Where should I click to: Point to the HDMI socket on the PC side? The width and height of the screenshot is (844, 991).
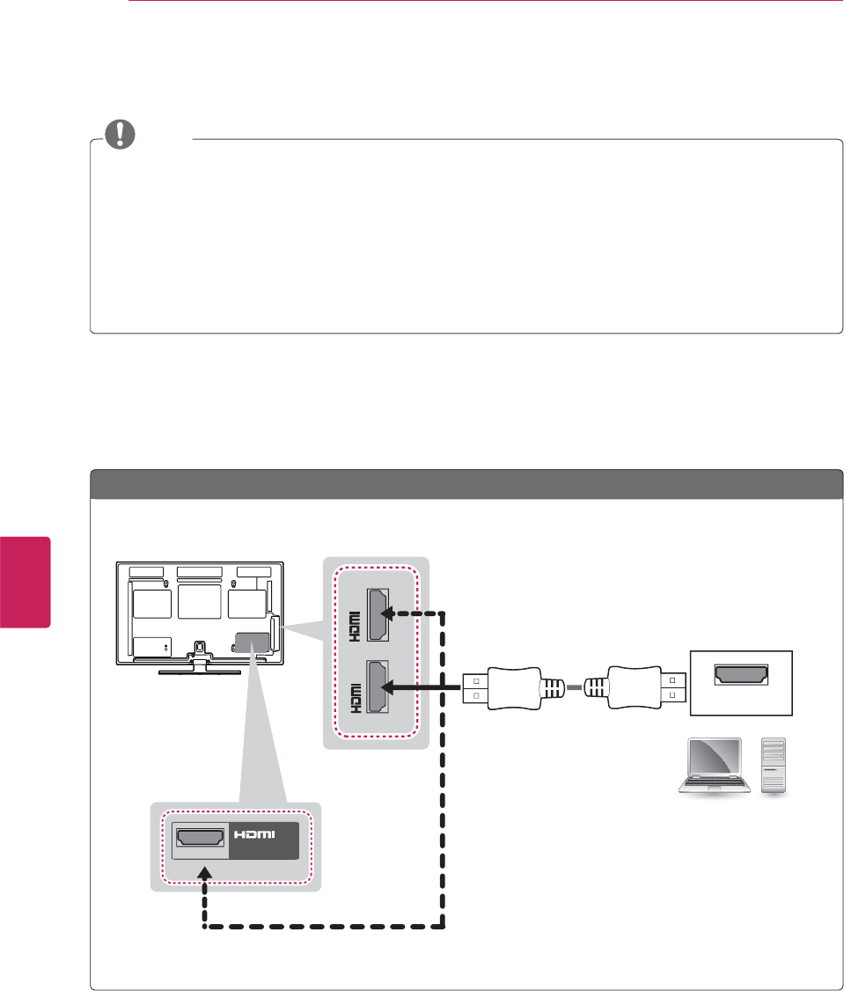point(741,677)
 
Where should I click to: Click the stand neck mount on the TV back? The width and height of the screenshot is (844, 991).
point(200,647)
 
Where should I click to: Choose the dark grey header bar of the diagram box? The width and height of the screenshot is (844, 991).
point(466,484)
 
